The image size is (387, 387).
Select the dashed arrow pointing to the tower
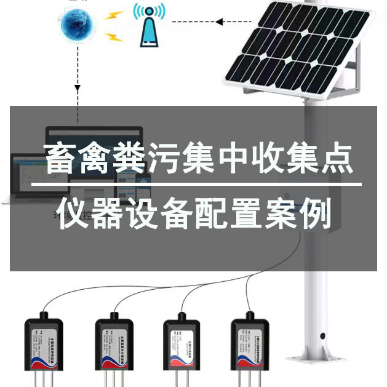coord(197,22)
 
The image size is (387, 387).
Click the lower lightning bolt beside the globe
coord(114,38)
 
